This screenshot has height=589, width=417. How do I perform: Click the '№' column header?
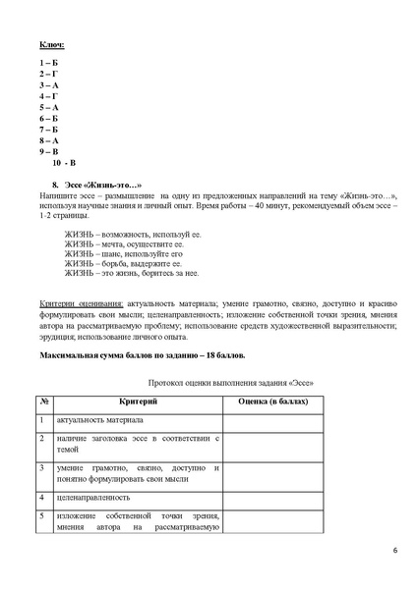45,402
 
